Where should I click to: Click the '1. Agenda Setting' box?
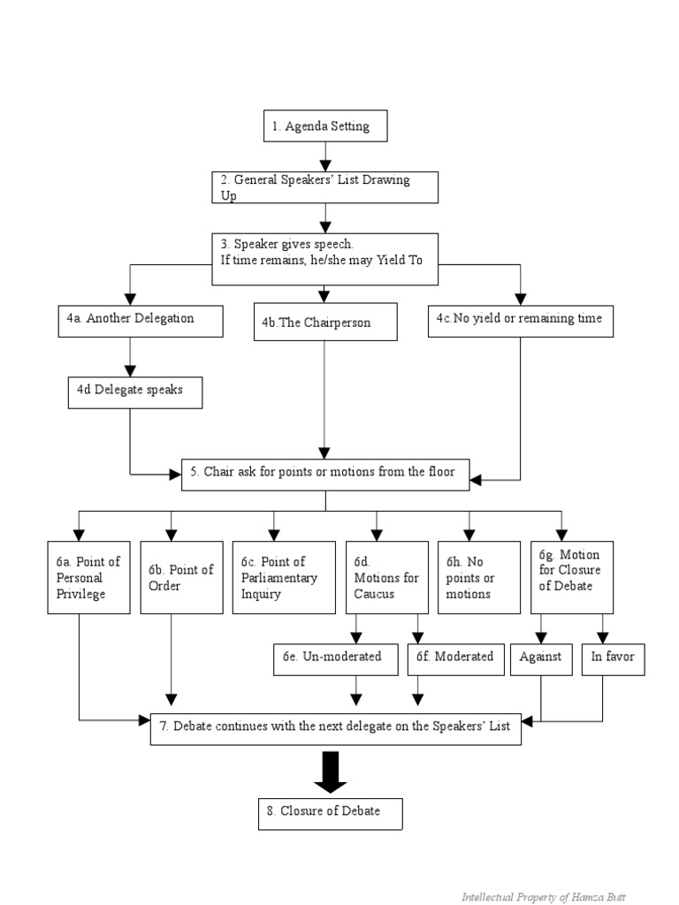(x=325, y=125)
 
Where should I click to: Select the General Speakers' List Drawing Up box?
(x=325, y=187)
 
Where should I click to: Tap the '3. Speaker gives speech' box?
(x=325, y=259)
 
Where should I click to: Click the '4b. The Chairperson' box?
(x=325, y=323)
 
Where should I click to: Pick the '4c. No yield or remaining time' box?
(x=520, y=319)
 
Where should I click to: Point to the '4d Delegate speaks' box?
(x=134, y=391)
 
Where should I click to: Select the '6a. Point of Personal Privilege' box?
(x=80, y=577)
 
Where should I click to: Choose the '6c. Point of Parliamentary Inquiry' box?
(x=274, y=577)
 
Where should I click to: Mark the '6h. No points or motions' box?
(x=470, y=577)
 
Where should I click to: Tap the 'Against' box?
(x=541, y=658)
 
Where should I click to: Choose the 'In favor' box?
(x=613, y=658)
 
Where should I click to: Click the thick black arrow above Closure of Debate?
(x=331, y=773)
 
